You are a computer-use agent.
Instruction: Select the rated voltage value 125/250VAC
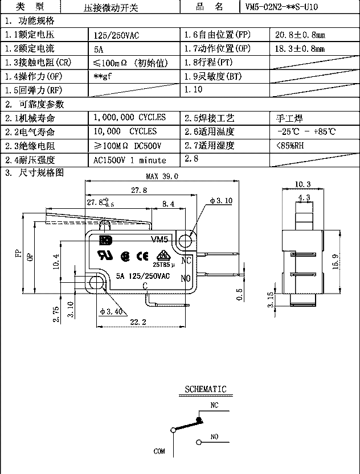[x=117, y=35]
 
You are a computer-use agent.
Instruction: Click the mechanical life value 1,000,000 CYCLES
[x=130, y=118]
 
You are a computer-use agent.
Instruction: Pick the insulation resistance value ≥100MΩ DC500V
[x=129, y=146]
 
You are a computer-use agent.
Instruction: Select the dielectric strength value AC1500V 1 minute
[x=130, y=160]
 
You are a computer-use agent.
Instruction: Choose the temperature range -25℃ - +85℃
[x=305, y=132]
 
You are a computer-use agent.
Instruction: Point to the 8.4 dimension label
[x=169, y=203]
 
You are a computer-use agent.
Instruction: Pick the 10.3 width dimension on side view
[x=304, y=184]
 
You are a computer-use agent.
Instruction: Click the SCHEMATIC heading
[x=206, y=390]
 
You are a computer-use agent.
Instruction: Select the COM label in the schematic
[x=159, y=451]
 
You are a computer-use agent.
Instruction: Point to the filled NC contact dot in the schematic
[x=199, y=421]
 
